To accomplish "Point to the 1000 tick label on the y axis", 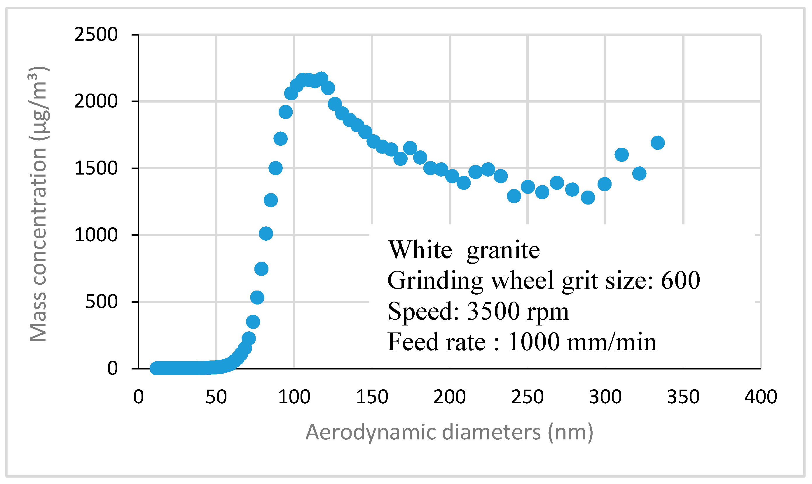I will [x=96, y=235].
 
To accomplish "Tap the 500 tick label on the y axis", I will [x=101, y=302].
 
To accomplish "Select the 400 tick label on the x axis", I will [x=761, y=397].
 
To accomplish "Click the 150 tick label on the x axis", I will [x=372, y=397].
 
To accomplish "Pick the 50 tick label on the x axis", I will [x=216, y=397].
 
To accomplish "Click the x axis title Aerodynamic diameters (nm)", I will [x=449, y=432].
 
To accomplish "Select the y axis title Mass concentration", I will [x=39, y=204].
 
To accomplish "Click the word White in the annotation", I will [x=420, y=250].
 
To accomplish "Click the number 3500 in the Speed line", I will [x=493, y=311].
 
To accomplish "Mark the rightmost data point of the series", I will [x=658, y=142].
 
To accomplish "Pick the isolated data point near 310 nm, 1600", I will [x=621, y=155].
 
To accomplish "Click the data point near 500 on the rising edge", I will [x=257, y=298].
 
